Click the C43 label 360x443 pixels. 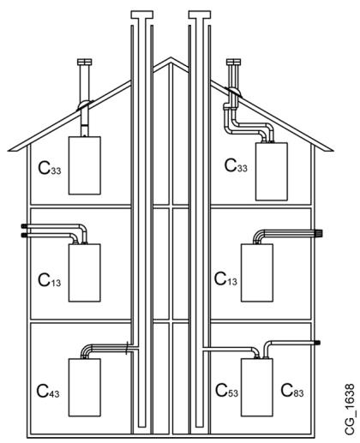(x=48, y=392)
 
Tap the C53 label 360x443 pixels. (x=226, y=391)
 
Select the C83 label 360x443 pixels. (x=292, y=391)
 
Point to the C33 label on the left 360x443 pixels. (x=50, y=168)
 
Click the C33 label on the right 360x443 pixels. (x=236, y=165)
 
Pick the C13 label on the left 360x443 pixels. (x=50, y=280)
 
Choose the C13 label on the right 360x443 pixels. (x=225, y=279)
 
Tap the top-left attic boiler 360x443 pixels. (x=85, y=165)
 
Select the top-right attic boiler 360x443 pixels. (x=272, y=171)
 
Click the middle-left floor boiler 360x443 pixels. (x=85, y=272)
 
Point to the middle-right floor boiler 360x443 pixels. (x=257, y=272)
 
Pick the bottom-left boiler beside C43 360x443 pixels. (x=85, y=387)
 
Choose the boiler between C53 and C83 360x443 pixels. (x=257, y=387)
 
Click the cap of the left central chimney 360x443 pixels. (x=142, y=15)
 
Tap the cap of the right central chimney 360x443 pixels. (x=200, y=15)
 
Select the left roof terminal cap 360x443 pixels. (x=85, y=62)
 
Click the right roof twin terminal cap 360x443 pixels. (x=233, y=62)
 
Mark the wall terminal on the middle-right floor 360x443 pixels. (x=318, y=233)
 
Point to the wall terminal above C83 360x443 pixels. (x=316, y=343)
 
